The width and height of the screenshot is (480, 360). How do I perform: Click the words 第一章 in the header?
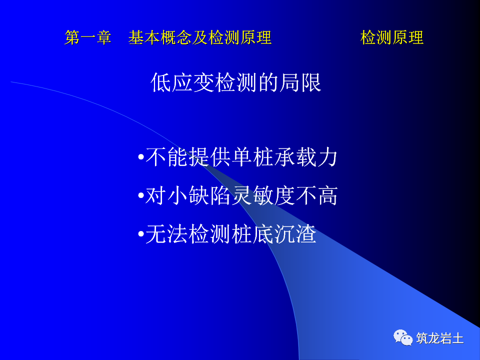[87, 38]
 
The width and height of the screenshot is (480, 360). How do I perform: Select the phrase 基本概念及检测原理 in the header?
[199, 38]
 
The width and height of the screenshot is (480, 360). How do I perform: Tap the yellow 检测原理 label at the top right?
[391, 38]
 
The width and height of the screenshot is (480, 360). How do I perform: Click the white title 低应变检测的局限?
[236, 83]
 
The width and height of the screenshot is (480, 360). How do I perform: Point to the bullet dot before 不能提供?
[140, 158]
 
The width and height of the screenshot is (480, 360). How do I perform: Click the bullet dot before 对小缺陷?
[140, 196]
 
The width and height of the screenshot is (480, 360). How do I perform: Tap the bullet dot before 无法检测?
[140, 234]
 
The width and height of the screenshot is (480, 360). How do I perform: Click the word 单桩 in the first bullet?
[253, 158]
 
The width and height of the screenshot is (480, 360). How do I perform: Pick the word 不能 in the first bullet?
[166, 158]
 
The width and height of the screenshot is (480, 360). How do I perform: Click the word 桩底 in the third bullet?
[252, 234]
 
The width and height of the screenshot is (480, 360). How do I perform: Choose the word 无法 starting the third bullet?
[166, 234]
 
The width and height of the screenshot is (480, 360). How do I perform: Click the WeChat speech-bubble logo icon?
[403, 337]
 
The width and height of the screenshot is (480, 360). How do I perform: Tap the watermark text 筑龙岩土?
[440, 338]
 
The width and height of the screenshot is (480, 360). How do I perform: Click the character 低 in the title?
[160, 83]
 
